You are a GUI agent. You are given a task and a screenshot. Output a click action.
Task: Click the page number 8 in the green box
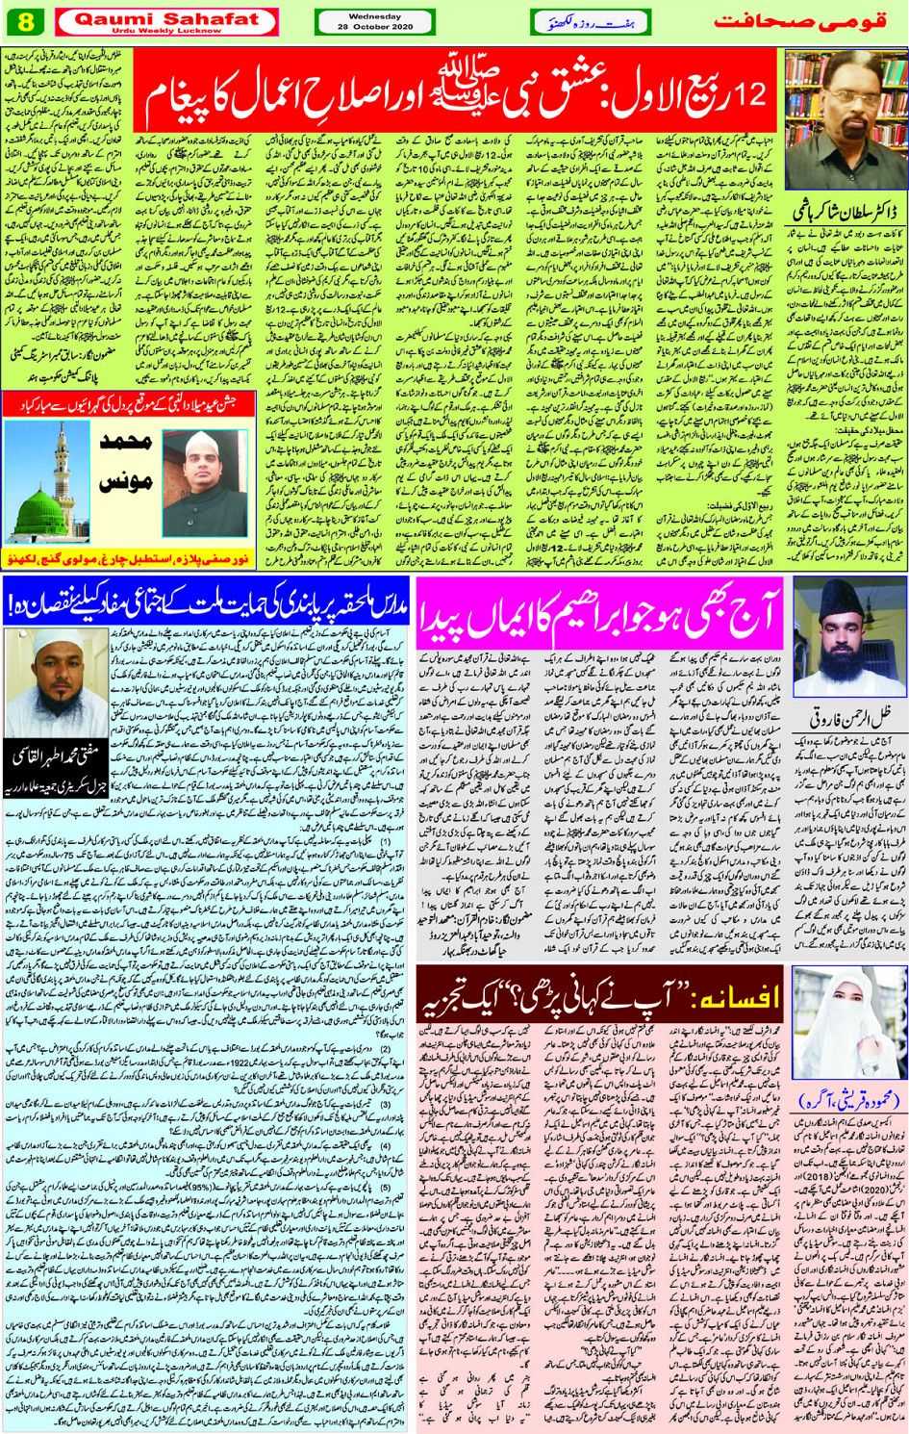pyautogui.click(x=25, y=21)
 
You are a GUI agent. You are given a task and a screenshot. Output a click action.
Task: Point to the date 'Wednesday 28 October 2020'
pyautogui.click(x=374, y=21)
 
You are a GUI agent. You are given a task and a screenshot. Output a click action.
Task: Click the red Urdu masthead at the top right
pyautogui.click(x=799, y=21)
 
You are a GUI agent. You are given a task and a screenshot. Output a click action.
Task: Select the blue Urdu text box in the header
pyautogui.click(x=590, y=21)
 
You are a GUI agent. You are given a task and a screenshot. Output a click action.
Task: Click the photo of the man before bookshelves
pyautogui.click(x=845, y=119)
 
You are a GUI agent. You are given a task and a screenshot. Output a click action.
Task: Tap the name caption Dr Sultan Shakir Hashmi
pyautogui.click(x=845, y=209)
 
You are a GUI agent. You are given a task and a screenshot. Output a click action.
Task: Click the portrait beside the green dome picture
pyautogui.click(x=204, y=482)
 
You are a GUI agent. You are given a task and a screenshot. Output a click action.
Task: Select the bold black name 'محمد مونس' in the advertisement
pyautogui.click(x=126, y=463)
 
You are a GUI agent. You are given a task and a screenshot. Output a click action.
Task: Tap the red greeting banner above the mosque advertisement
pyautogui.click(x=129, y=405)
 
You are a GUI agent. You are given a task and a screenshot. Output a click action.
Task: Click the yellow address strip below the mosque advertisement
pyautogui.click(x=129, y=559)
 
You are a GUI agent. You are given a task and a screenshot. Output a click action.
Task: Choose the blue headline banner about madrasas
pyautogui.click(x=206, y=603)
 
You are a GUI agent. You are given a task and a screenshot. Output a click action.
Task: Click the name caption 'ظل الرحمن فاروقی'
pyautogui.click(x=845, y=718)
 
